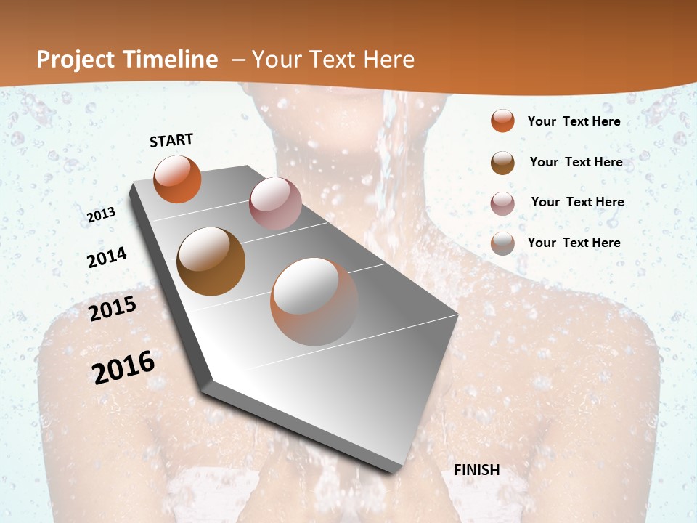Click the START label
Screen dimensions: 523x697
point(171,140)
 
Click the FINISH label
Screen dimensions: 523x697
point(477,470)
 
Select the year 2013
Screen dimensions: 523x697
point(102,214)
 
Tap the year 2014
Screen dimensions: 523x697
point(107,257)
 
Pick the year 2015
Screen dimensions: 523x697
point(113,309)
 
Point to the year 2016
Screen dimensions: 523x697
point(123,367)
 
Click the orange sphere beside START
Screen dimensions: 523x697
point(177,179)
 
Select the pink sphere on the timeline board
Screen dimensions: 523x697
point(275,203)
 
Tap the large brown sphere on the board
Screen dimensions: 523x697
point(211,261)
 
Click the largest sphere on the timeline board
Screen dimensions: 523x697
point(314,301)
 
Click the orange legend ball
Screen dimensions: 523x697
point(502,121)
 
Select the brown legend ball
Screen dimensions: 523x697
point(502,163)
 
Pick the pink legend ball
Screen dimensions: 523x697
point(502,203)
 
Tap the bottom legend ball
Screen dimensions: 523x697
point(502,243)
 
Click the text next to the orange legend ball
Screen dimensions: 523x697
point(574,121)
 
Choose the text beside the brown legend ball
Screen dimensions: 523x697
point(576,162)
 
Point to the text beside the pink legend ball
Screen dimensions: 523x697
point(577,202)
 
